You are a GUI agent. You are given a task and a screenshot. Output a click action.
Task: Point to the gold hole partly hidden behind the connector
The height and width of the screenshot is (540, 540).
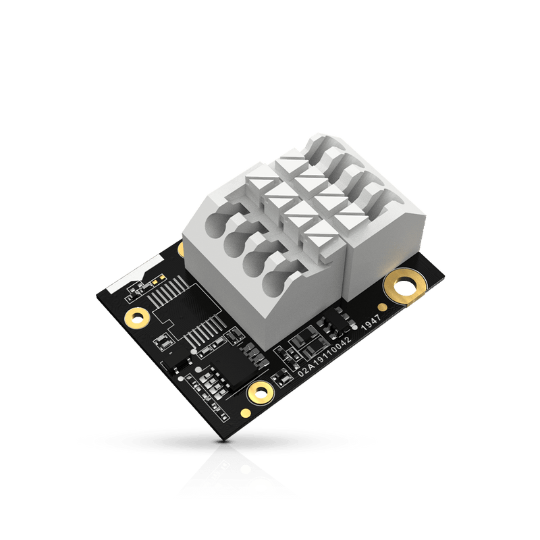click(180, 249)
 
